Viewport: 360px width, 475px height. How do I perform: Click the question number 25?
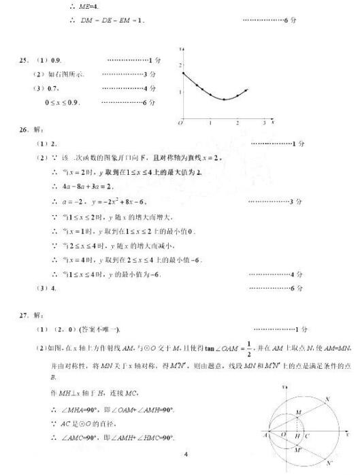coord(23,61)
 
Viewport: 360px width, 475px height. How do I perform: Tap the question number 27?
coord(23,316)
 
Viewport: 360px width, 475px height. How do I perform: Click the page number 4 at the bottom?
coord(186,453)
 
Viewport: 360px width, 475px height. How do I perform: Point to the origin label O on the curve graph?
coord(180,123)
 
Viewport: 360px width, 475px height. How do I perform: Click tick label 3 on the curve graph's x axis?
coord(265,123)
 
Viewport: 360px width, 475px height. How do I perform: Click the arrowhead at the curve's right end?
coord(247,90)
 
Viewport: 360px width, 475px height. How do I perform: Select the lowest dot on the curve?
coord(225,99)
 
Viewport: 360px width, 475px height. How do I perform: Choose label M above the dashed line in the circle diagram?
coord(297,412)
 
